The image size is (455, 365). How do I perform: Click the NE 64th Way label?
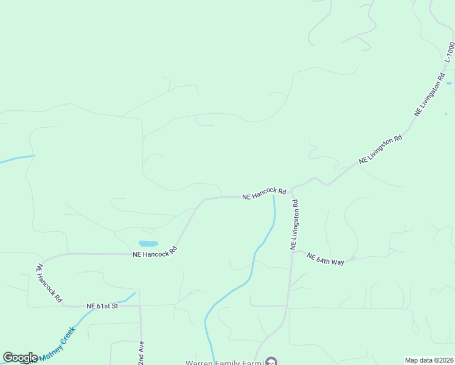325,259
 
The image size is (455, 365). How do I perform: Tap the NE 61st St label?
102,306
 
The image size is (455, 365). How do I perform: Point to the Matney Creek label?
58,342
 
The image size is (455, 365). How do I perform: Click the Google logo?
20,358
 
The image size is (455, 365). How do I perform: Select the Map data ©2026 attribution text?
429,360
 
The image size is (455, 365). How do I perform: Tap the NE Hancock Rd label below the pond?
155,252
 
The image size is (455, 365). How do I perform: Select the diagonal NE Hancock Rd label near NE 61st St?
49,283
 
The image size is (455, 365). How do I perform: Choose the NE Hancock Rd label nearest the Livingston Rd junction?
263,194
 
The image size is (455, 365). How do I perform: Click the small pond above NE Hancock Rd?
148,243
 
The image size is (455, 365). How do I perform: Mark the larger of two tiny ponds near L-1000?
449,83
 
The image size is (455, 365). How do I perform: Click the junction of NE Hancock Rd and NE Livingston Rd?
292,190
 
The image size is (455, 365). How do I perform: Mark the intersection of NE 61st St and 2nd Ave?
140,305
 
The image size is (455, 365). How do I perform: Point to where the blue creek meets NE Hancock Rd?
274,196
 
